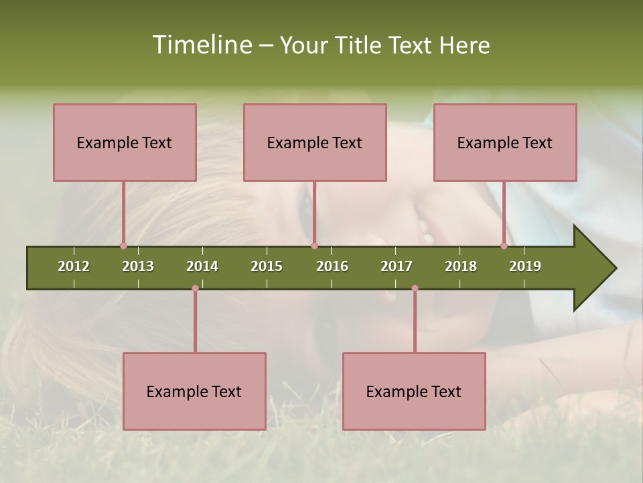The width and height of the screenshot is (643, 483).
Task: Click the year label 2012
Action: [x=74, y=266]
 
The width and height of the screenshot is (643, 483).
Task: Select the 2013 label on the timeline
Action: [x=138, y=266]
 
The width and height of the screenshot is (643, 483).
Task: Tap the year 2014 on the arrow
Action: [x=202, y=266]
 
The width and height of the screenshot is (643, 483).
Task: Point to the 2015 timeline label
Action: [x=267, y=266]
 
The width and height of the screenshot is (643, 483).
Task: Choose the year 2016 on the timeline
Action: [x=332, y=266]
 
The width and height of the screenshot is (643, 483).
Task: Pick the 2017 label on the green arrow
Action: [x=397, y=266]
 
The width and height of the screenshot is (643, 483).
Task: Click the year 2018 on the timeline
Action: [x=461, y=266]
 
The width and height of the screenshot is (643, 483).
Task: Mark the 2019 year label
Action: [x=525, y=266]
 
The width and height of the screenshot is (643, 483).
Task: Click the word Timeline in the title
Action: [x=201, y=45]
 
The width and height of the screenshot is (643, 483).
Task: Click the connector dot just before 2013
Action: [x=123, y=246]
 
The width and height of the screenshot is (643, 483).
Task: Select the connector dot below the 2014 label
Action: [x=195, y=288]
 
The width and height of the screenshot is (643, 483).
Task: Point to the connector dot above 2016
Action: [x=314, y=246]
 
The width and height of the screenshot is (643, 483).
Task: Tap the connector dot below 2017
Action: [x=415, y=288]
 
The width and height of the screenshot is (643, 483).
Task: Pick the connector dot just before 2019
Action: [x=504, y=246]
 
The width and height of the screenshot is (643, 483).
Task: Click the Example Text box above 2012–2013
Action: [x=125, y=142]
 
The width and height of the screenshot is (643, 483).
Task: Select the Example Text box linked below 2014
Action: [x=194, y=391]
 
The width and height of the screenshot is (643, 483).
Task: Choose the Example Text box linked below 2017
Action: [x=414, y=391]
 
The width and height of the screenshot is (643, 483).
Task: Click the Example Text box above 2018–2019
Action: [x=505, y=142]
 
